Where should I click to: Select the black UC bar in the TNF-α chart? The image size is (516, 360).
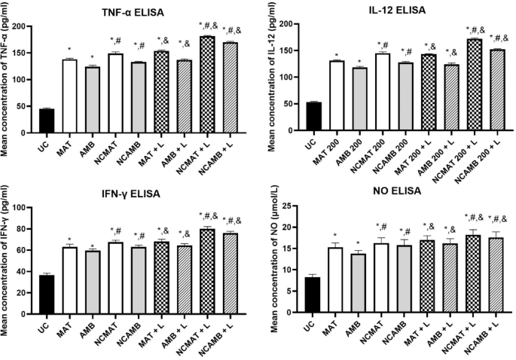pos(46,121)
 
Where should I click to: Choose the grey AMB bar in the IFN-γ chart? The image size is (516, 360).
pos(93,280)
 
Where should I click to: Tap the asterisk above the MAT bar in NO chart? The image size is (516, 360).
pos(336,234)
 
